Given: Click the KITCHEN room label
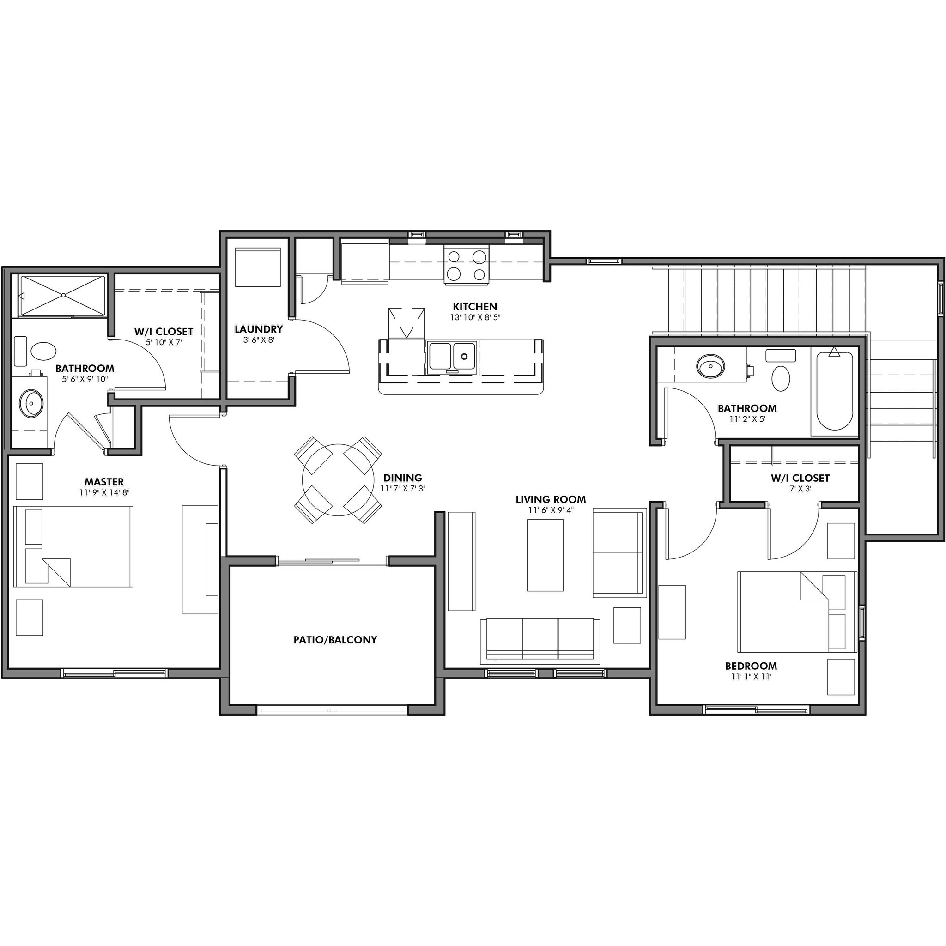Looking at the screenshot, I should tap(474, 307).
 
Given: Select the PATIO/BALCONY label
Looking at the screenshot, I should tap(335, 639).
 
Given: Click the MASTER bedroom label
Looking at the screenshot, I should tap(104, 482).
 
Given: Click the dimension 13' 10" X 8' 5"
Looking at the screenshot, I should tap(475, 317).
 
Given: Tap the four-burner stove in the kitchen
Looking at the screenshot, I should tap(466, 265).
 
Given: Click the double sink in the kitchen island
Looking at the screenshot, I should tap(452, 356).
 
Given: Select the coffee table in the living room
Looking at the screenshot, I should tap(545, 555).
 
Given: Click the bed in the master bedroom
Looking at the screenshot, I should tap(73, 546).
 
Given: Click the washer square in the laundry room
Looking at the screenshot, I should tap(258, 267).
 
